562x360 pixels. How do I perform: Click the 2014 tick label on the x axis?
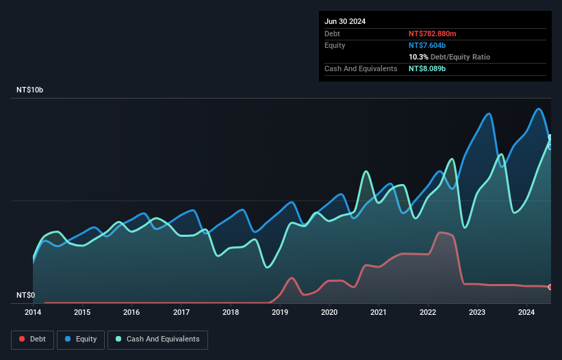33,313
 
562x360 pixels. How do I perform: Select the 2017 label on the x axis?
181,313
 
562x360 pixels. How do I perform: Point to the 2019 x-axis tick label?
280,313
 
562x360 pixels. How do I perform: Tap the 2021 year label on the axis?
379,313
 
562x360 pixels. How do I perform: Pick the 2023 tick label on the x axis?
477,313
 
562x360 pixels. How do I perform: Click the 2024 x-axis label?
526,313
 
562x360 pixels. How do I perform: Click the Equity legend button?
81,339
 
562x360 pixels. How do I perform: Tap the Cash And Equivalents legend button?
157,339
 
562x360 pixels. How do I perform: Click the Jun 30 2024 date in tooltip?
345,21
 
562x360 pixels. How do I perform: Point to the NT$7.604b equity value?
427,45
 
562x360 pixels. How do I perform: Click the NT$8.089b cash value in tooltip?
427,69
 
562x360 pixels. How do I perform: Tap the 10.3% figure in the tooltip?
420,57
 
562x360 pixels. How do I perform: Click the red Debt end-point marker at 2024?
550,287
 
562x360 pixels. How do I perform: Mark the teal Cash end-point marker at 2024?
550,138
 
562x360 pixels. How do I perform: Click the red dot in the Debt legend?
23,339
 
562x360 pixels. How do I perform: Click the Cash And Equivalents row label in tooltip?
361,69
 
